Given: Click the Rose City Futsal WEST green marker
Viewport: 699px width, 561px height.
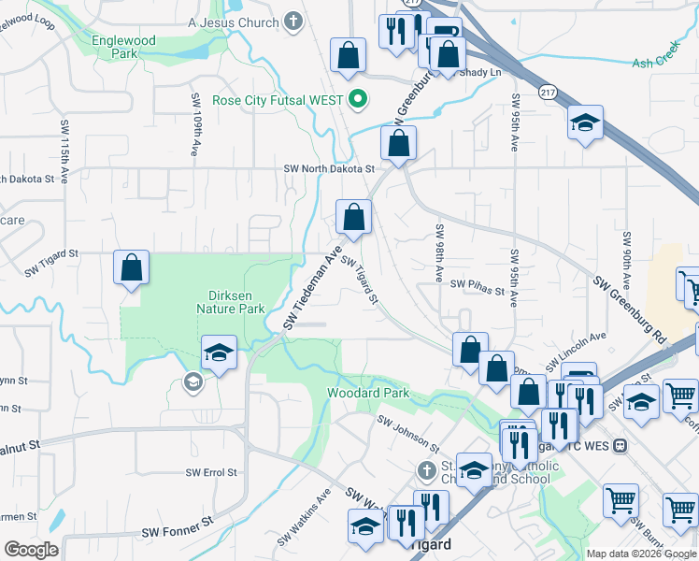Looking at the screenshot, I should [357, 98].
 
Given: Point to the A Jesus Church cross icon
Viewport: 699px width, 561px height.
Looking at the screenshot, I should [293, 22].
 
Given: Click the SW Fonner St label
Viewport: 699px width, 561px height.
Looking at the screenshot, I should [178, 532].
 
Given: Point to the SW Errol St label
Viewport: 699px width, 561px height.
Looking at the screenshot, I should [211, 473].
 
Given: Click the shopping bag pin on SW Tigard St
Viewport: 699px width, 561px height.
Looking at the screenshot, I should [132, 267].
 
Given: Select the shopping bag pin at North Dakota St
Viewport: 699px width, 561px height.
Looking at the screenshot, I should [398, 144].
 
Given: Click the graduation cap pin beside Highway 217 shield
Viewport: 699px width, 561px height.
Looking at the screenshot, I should [585, 123].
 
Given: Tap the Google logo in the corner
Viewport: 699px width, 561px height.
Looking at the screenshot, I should [31, 550].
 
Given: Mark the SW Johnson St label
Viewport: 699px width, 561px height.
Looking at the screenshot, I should [408, 433].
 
